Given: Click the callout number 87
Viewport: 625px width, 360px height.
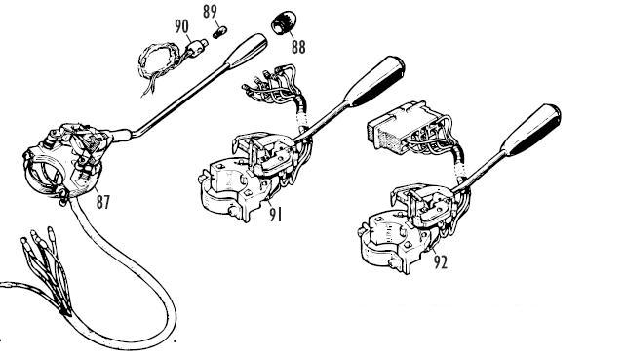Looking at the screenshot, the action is (102, 201).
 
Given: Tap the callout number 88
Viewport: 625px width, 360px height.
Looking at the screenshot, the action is (298, 47).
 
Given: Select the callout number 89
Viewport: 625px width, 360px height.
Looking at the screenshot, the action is (210, 12).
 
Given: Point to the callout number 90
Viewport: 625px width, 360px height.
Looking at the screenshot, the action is (181, 26).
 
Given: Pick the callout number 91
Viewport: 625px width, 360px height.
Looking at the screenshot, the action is (275, 215).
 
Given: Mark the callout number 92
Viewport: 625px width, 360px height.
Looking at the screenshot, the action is (441, 261).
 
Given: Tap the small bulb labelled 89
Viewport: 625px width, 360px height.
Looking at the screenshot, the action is (219, 32).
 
